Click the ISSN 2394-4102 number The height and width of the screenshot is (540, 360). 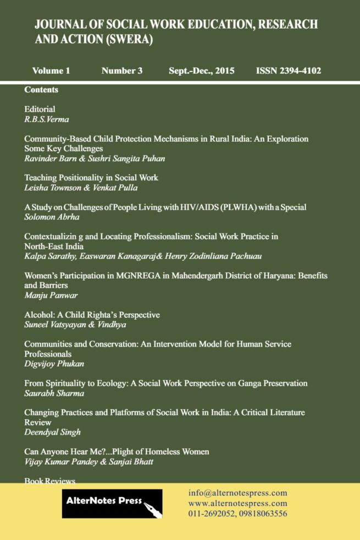[288, 71]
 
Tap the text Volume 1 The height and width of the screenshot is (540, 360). [51, 71]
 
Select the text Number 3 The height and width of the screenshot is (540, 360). [122, 71]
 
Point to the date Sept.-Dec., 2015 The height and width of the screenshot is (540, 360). [202, 71]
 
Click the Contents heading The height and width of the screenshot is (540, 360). [41, 90]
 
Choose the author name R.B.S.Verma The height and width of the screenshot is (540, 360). [47, 119]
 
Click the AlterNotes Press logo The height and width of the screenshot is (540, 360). [112, 503]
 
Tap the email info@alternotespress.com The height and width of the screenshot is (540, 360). [237, 493]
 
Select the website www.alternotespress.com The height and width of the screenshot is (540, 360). [237, 503]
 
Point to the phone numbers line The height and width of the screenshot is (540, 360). [237, 514]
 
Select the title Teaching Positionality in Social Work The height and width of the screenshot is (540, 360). [91, 178]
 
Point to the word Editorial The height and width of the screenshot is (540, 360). [40, 109]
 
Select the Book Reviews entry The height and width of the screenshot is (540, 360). [49, 481]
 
